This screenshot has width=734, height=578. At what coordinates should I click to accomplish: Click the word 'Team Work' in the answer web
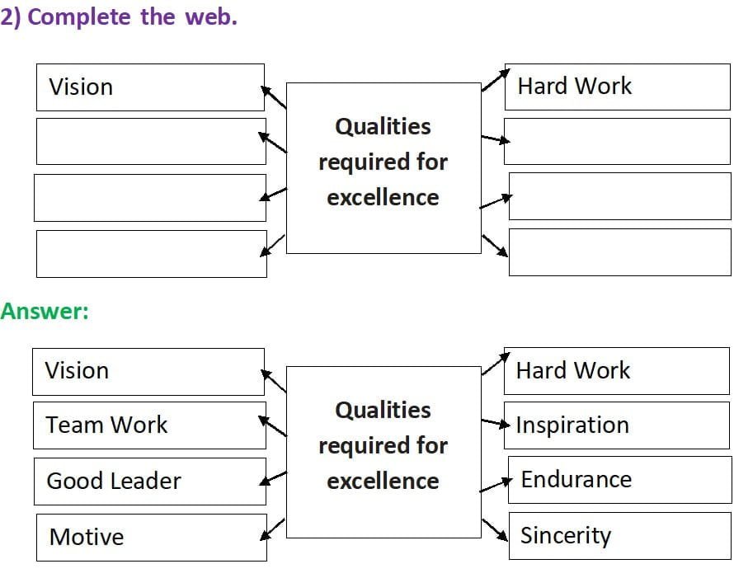106,425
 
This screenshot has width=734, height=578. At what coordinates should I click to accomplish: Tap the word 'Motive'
87,537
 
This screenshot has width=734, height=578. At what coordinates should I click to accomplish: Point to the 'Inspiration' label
572,425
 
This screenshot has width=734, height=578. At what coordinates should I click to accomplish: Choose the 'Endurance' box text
576,480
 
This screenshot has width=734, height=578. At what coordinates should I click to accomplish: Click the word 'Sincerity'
566,536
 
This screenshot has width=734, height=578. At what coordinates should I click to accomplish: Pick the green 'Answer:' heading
45,311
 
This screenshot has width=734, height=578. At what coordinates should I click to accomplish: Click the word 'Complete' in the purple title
79,18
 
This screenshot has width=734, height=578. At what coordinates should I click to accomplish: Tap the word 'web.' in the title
211,16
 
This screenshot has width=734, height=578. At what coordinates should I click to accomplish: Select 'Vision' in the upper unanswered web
81,87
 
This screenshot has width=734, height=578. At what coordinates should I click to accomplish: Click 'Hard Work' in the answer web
573,370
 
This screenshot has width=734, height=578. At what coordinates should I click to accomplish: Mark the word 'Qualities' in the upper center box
383,127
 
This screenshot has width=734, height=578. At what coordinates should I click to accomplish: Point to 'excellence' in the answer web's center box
383,482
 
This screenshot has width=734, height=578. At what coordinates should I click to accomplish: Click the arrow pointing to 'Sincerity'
495,530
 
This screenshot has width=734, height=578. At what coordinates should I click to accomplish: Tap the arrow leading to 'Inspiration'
496,423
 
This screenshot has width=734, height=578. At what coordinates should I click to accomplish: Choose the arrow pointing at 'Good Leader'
273,478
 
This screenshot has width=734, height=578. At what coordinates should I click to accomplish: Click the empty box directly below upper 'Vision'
151,141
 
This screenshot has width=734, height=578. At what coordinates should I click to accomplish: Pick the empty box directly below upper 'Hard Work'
617,141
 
